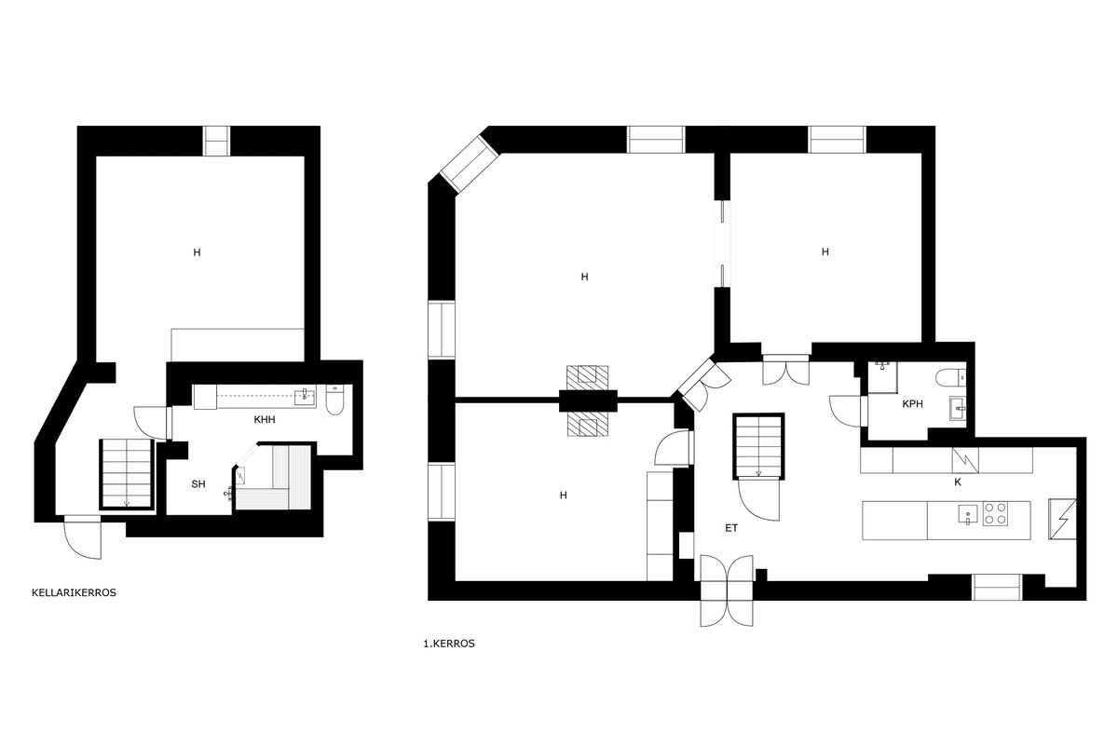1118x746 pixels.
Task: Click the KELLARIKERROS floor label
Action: (74, 593)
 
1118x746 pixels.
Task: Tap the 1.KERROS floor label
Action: (449, 644)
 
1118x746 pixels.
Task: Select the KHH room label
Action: (265, 420)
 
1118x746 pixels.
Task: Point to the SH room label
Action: (198, 484)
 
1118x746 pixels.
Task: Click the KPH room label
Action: (912, 404)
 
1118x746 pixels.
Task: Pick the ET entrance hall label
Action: (731, 528)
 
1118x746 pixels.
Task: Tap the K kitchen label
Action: (958, 482)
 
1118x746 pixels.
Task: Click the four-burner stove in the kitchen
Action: (995, 513)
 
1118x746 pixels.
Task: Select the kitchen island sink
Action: (967, 514)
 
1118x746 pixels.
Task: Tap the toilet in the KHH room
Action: (334, 400)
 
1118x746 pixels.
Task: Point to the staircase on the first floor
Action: (758, 445)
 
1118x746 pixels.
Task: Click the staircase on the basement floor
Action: (127, 473)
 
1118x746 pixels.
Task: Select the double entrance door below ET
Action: (727, 590)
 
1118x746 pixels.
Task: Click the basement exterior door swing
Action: (83, 538)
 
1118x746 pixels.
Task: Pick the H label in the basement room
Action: (198, 252)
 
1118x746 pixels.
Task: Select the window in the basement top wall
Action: (216, 141)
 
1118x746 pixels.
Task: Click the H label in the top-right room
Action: (825, 252)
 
